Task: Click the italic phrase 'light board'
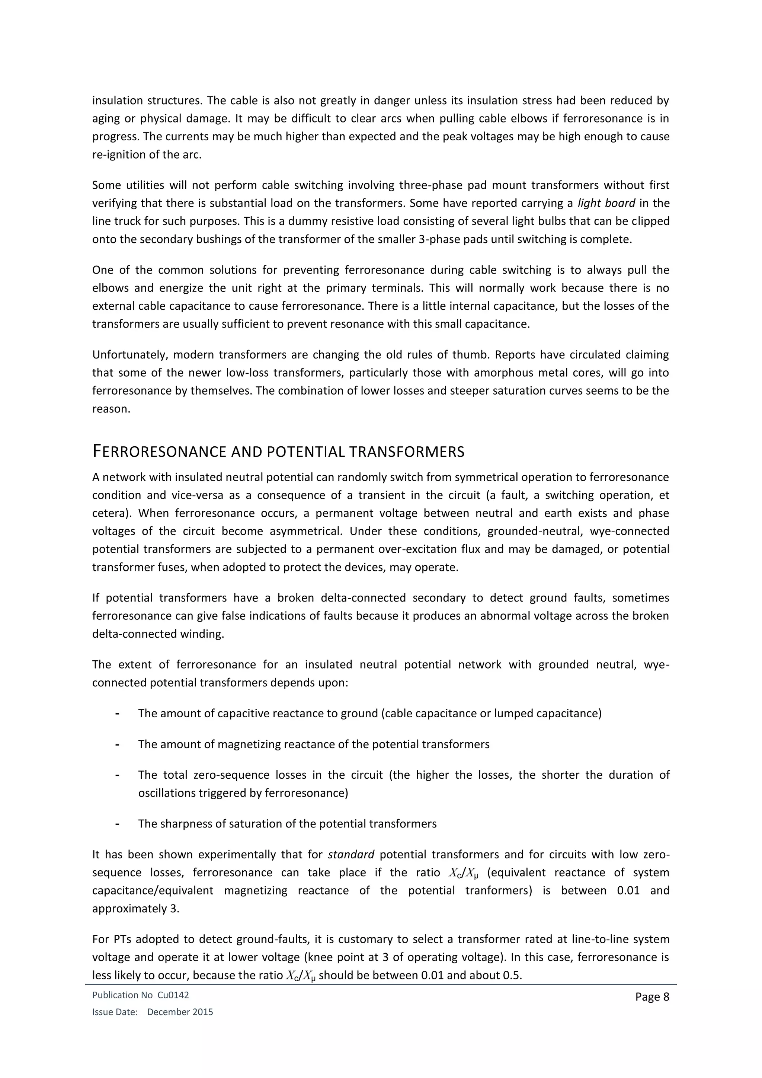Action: (x=606, y=203)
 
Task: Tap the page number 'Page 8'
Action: (x=652, y=997)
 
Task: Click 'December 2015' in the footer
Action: (x=180, y=1012)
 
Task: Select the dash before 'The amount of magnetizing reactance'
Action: (x=117, y=744)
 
